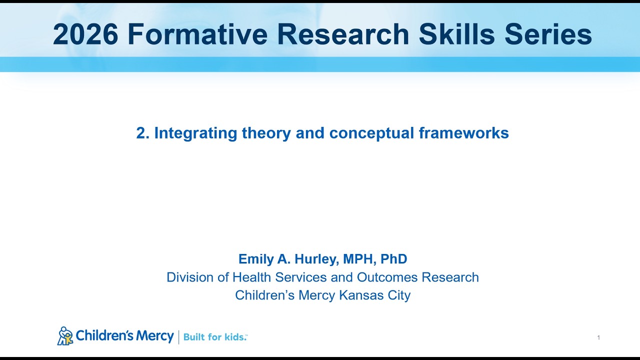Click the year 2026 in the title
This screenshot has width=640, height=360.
pyautogui.click(x=85, y=34)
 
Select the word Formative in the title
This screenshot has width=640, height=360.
pyautogui.click(x=198, y=34)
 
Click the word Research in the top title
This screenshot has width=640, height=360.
pyautogui.click(x=345, y=34)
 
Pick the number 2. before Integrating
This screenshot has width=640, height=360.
pyautogui.click(x=142, y=133)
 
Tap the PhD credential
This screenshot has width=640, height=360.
pyautogui.click(x=394, y=259)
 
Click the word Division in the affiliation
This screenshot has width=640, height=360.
pyautogui.click(x=189, y=277)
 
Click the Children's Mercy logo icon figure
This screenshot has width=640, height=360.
pyautogui.click(x=65, y=336)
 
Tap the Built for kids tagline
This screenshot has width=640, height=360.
pyautogui.click(x=215, y=337)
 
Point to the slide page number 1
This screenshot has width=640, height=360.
pyautogui.click(x=598, y=338)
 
